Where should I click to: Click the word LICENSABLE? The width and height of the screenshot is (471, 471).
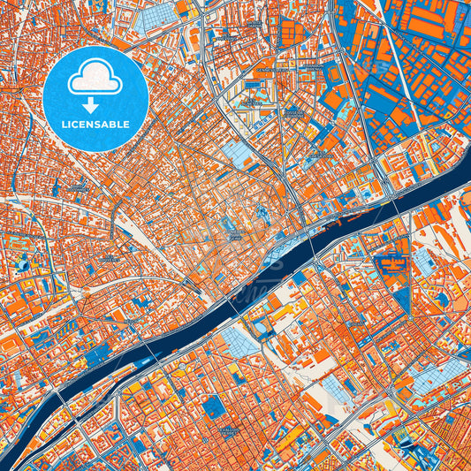(95, 124)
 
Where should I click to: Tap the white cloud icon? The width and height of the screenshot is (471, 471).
(95, 79)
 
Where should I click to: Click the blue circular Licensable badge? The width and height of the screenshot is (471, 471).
(95, 97)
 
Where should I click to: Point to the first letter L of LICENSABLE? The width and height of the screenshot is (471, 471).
(64, 124)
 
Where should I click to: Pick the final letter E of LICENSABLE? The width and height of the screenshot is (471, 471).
(127, 124)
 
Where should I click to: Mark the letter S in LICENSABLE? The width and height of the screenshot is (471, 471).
(100, 124)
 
